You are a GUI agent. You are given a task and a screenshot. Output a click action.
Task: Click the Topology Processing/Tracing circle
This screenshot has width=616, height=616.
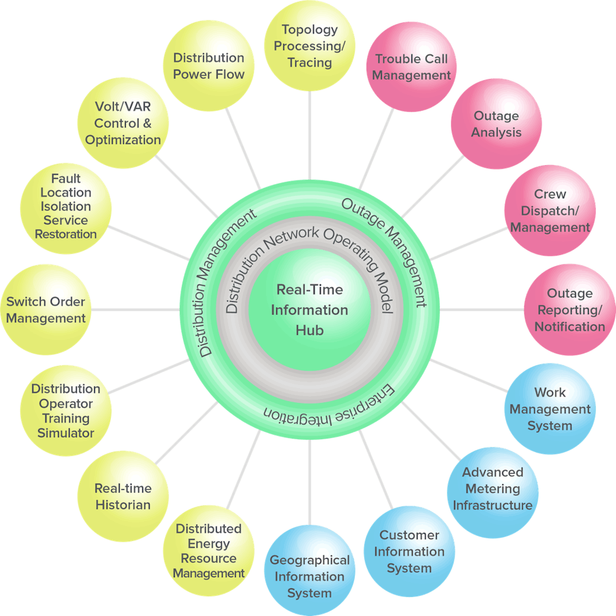tap(310, 46)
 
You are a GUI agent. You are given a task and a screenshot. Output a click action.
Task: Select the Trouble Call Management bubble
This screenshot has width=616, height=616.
tap(411, 67)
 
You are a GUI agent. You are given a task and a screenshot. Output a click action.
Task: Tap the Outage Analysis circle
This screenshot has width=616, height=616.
tap(496, 124)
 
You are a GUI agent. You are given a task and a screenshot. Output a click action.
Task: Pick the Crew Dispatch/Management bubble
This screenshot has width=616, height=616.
tap(549, 211)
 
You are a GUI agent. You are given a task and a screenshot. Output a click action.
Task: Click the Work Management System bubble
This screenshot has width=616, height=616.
tap(549, 409)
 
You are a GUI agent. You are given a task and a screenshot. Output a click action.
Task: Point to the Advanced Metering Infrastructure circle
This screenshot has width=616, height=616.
tap(492, 489)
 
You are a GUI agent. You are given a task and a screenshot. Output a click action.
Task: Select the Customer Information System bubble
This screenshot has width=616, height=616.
tap(409, 551)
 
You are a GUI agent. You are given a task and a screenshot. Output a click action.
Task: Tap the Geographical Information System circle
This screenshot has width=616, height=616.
tap(309, 577)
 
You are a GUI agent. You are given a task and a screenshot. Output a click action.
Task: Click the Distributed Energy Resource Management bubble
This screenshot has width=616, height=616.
tap(208, 551)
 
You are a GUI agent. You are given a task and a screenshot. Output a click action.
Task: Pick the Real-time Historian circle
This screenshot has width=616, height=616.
tap(123, 496)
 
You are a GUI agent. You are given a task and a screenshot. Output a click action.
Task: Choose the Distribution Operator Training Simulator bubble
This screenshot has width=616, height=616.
tap(66, 411)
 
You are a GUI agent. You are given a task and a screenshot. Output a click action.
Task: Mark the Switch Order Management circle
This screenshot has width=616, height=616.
tap(46, 310)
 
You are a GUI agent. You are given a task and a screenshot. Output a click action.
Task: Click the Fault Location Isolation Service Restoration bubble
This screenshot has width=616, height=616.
tap(66, 207)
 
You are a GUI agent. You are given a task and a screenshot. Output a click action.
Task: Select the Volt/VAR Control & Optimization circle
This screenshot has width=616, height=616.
tap(123, 123)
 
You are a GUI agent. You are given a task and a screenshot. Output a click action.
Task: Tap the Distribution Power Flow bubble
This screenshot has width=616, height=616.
tap(208, 66)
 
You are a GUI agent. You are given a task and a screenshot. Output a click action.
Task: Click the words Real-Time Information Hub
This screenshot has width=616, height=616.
tap(309, 310)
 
